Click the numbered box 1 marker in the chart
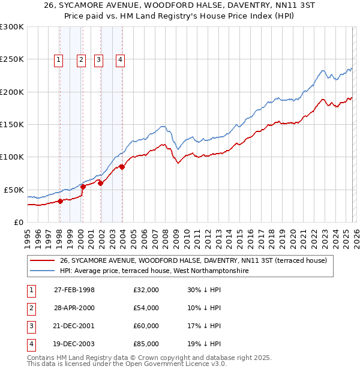(59, 59)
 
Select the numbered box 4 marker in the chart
(121, 59)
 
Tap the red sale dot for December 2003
(122, 167)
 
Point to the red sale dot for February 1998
(61, 201)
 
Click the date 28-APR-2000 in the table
(74, 308)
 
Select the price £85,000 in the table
(146, 344)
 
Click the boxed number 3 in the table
(31, 326)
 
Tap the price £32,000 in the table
(146, 290)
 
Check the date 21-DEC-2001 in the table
(74, 326)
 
